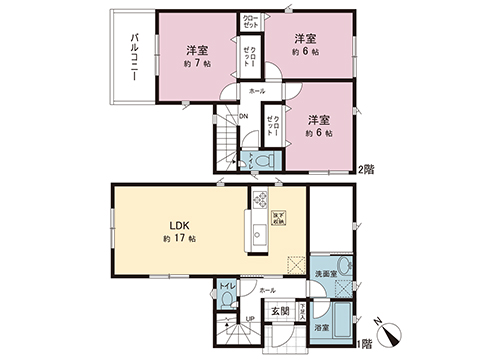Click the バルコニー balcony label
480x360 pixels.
[133, 56]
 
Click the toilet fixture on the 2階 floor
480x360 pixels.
[261, 159]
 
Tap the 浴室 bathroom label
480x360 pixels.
[323, 327]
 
